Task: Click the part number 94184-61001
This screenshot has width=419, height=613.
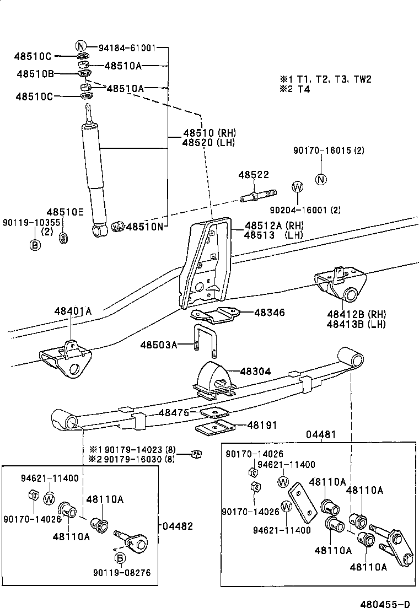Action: [x=127, y=47]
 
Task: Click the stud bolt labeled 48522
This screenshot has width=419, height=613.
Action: [x=258, y=195]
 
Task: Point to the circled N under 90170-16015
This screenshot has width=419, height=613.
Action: [x=321, y=179]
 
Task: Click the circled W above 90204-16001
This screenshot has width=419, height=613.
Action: [x=298, y=187]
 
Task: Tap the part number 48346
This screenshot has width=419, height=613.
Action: [x=269, y=313]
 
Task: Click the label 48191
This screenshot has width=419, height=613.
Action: [x=262, y=425]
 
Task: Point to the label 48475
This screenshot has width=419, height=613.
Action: [x=174, y=412]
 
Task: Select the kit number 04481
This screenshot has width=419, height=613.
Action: [x=321, y=435]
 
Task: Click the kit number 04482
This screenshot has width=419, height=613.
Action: [x=178, y=526]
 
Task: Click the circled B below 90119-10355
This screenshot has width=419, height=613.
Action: [x=35, y=245]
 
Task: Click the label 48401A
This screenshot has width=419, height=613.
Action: [x=73, y=311]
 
